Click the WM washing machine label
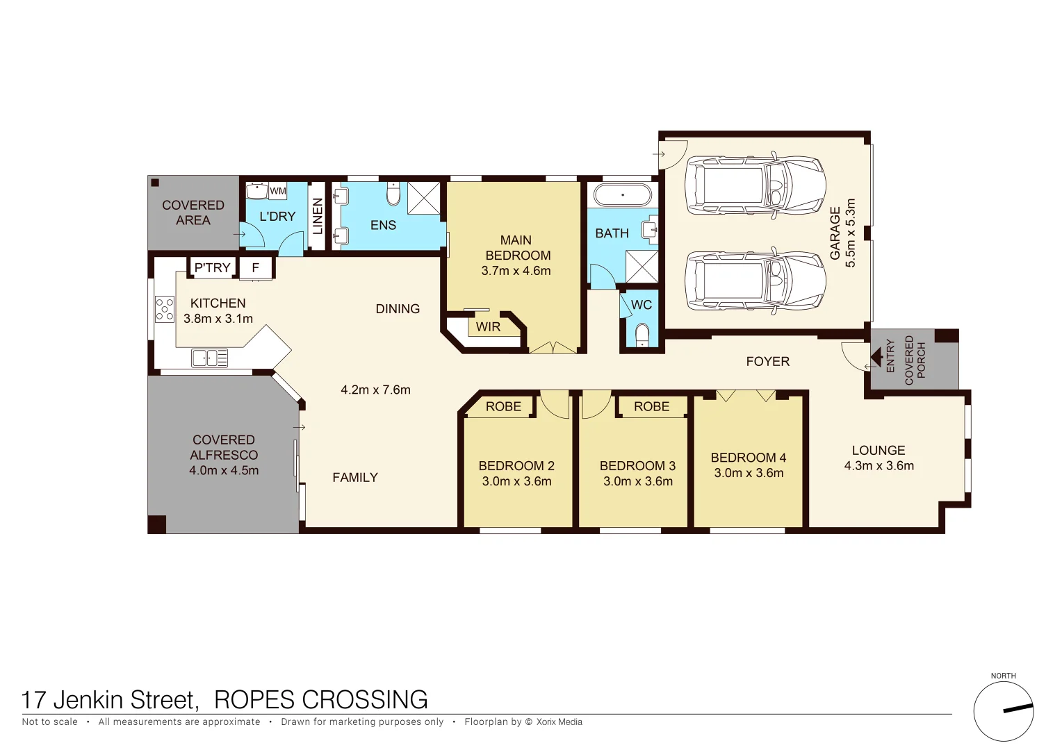tap(278, 191)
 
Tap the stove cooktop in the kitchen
tap(165, 309)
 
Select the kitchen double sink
tap(209, 358)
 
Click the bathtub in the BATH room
tap(623, 194)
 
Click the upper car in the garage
tap(755, 185)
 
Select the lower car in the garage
tap(755, 281)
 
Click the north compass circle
tap(1003, 711)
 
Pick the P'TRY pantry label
tap(212, 267)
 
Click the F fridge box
tap(256, 267)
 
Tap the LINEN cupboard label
tap(318, 216)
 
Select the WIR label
tap(488, 326)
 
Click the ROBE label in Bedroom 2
tap(503, 406)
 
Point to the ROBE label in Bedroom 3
tap(651, 406)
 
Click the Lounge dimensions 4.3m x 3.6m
tap(879, 466)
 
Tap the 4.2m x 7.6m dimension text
tap(375, 390)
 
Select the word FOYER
tap(767, 361)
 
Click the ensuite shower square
tap(423, 197)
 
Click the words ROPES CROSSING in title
tap(320, 699)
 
